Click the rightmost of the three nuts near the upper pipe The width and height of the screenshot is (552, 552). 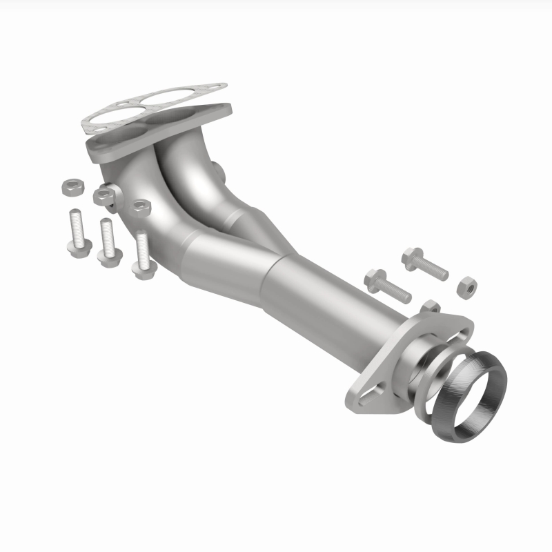click(x=141, y=206)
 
